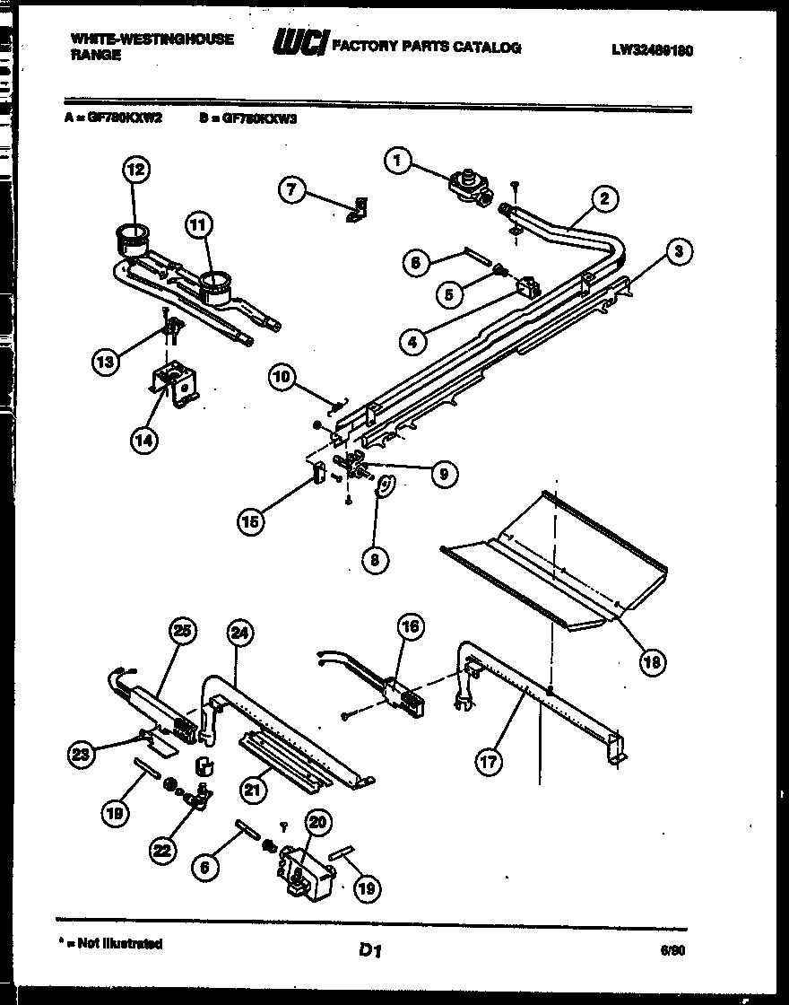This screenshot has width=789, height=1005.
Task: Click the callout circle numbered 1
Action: point(399,162)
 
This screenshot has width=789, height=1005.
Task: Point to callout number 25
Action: point(183,632)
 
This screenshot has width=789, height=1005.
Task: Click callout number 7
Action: point(291,190)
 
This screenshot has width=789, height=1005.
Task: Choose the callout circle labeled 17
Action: point(489,762)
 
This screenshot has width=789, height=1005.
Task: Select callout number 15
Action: point(253,521)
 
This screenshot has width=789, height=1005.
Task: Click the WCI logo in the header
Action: point(299,46)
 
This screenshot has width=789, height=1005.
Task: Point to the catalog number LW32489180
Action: point(652,51)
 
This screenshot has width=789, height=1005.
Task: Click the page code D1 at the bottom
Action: point(370,949)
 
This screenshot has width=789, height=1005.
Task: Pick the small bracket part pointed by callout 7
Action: point(359,209)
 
